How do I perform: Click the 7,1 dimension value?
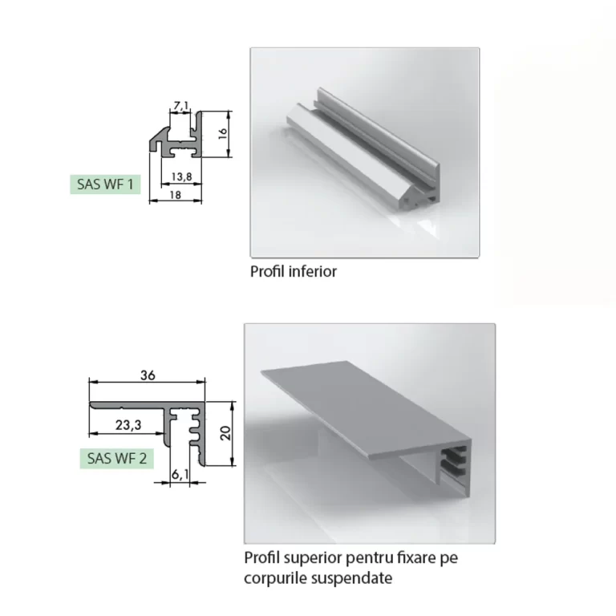pos(181,105)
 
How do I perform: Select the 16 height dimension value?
pos(222,133)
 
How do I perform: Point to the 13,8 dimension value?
pos(181,176)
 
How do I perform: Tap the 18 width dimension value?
pos(175,194)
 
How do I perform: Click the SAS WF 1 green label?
pos(105,184)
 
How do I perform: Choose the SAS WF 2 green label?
pos(116,458)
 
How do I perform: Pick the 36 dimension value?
pos(148,375)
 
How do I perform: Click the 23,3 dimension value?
pos(128,424)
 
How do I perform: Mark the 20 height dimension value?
pos(225,433)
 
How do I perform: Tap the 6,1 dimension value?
pos(180,475)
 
